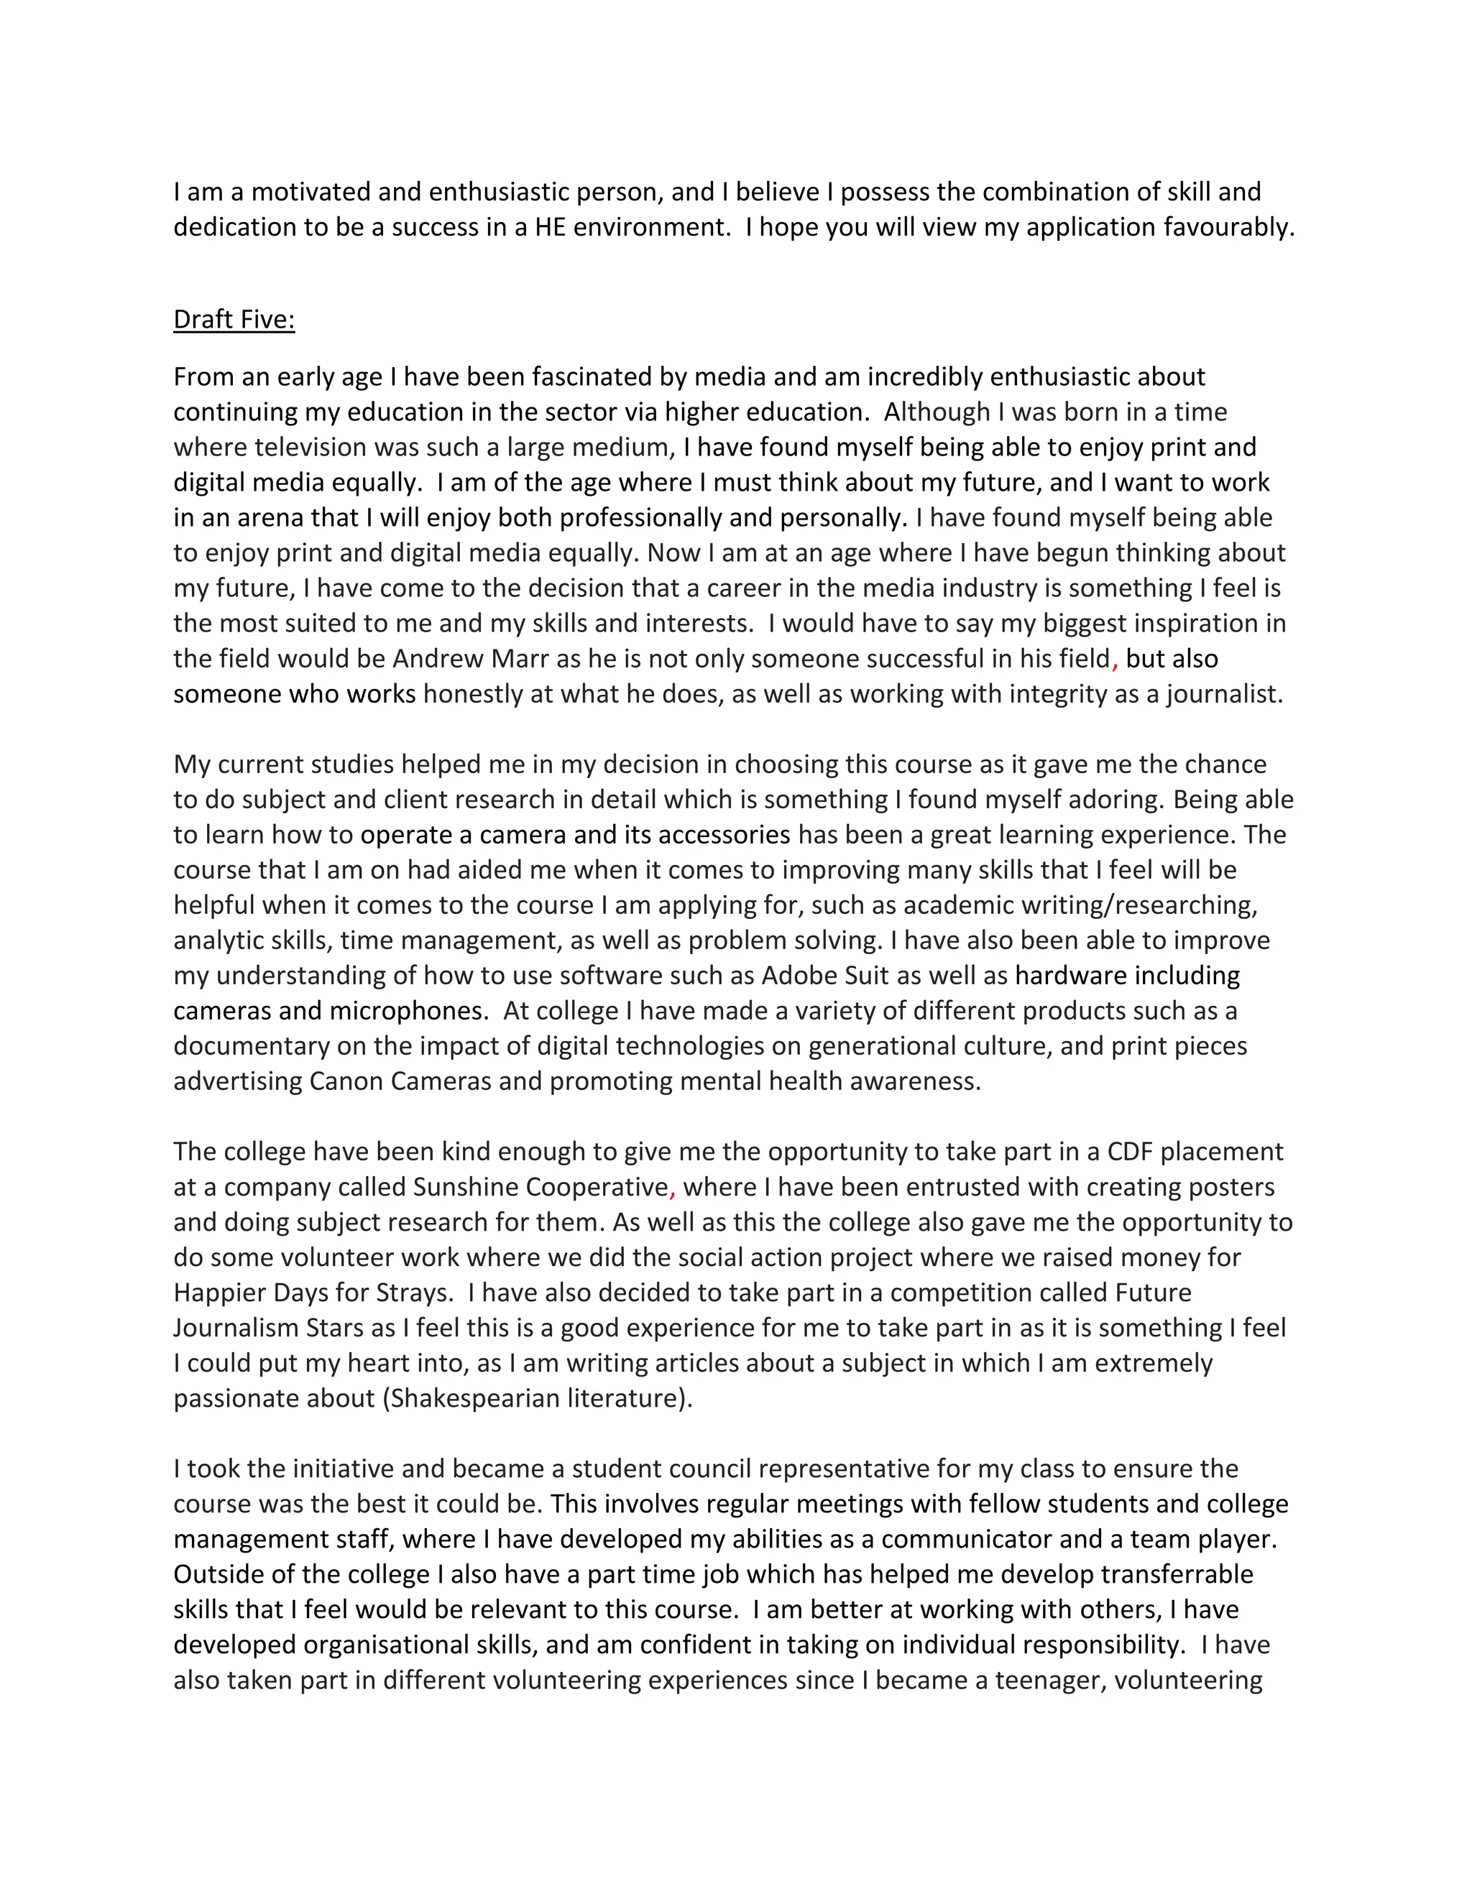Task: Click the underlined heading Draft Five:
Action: (x=234, y=320)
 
